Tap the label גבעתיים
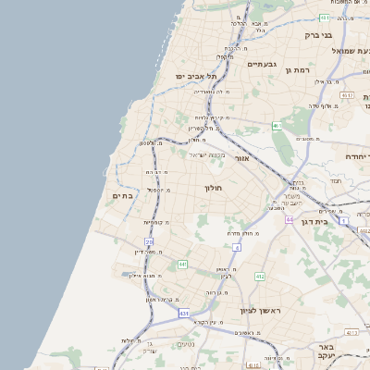(263, 64)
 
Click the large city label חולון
(213, 188)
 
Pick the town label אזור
(241, 158)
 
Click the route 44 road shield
(290, 219)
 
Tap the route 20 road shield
(148, 241)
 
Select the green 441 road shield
(183, 265)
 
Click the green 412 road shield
(260, 276)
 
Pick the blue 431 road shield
(185, 314)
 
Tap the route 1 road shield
(342, 221)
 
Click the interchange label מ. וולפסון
(151, 142)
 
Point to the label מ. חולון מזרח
(248, 233)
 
